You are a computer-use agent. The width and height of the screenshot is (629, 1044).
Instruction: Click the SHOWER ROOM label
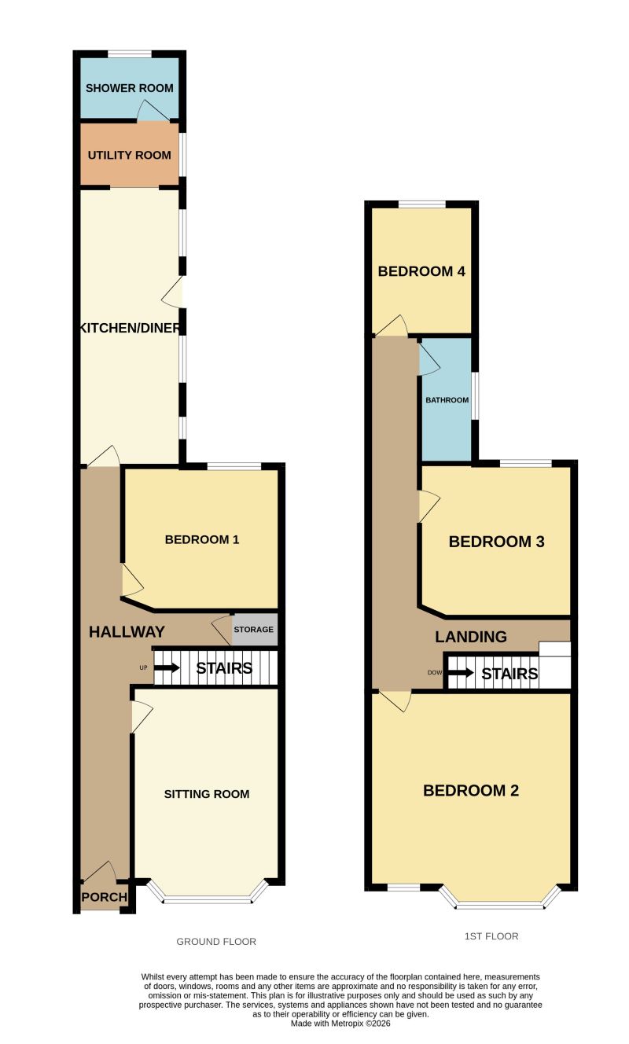pyautogui.click(x=129, y=88)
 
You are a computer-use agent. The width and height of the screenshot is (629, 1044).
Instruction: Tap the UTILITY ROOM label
pyautogui.click(x=129, y=155)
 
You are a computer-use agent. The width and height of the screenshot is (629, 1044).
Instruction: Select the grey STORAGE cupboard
pyautogui.click(x=255, y=629)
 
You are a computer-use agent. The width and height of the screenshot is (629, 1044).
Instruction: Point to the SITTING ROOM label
pyautogui.click(x=207, y=794)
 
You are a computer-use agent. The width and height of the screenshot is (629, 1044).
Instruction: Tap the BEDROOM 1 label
pyautogui.click(x=202, y=540)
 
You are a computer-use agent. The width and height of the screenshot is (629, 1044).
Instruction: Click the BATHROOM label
pyautogui.click(x=447, y=400)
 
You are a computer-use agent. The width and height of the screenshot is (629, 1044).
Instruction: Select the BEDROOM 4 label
pyautogui.click(x=421, y=271)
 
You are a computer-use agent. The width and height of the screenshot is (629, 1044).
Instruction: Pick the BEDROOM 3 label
pyautogui.click(x=497, y=542)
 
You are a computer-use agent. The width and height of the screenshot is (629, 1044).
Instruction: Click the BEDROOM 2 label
pyautogui.click(x=471, y=790)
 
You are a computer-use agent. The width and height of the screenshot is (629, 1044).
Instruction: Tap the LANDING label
pyautogui.click(x=471, y=637)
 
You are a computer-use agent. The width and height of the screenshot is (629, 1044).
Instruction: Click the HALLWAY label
pyautogui.click(x=127, y=632)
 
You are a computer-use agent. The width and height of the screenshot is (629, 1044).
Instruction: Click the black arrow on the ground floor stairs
pyautogui.click(x=167, y=668)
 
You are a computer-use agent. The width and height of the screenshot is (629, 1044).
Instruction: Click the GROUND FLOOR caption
pyautogui.click(x=216, y=942)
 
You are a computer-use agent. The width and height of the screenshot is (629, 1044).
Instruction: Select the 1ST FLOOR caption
pyautogui.click(x=491, y=936)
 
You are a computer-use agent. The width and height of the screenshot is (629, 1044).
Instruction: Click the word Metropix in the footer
pyautogui.click(x=347, y=1024)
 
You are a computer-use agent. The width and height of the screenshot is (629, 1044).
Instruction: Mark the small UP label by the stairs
pyautogui.click(x=143, y=668)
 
